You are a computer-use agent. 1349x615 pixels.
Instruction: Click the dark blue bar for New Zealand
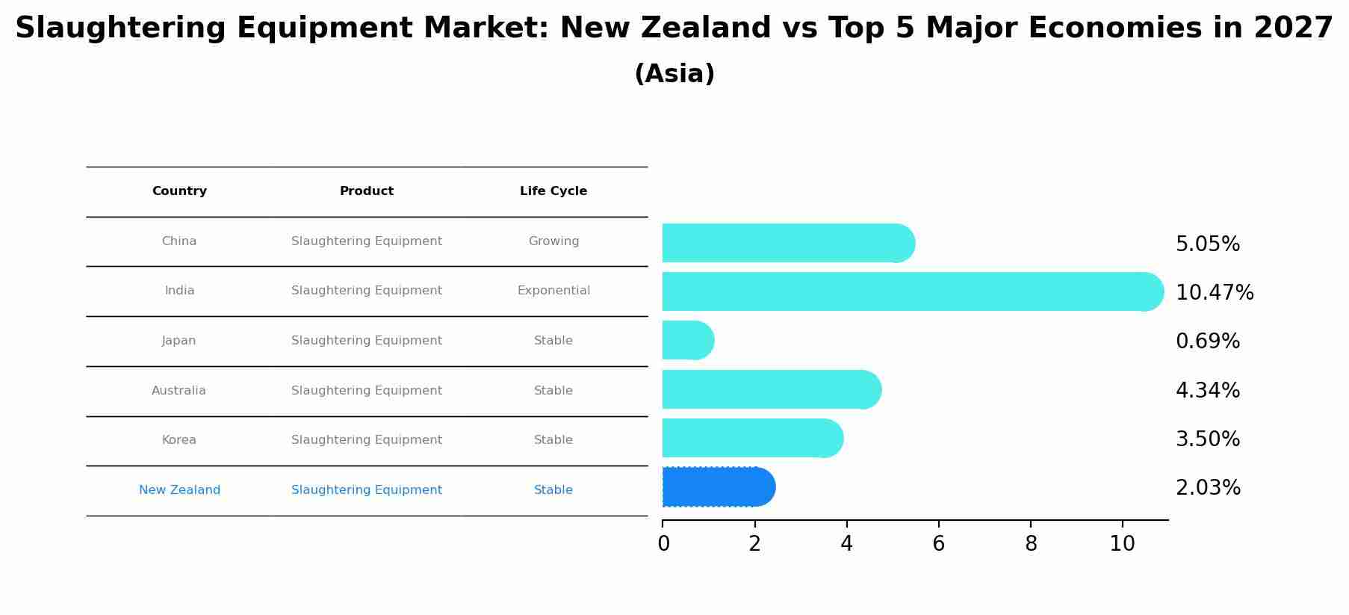717,487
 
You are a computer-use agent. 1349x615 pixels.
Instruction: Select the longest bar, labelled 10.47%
911,291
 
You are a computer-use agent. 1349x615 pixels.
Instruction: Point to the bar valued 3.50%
751,439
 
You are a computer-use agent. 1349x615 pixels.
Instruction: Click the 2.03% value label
1208,488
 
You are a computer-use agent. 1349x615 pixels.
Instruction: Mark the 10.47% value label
1215,293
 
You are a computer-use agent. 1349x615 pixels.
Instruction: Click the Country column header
179,191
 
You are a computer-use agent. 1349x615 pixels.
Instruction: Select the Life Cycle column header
553,191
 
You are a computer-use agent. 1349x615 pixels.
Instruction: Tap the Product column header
367,191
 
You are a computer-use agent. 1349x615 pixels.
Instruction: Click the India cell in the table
179,291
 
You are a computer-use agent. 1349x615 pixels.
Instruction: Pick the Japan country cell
179,341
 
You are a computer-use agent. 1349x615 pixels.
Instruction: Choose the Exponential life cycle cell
553,291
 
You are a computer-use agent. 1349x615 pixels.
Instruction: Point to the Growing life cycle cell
553,241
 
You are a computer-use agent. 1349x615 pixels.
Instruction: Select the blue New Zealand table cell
179,490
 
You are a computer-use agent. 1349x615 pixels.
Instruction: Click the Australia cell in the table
179,391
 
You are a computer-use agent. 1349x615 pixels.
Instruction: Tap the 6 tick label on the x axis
939,544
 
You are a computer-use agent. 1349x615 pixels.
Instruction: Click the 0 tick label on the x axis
663,544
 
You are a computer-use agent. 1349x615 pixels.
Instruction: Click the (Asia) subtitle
674,74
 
